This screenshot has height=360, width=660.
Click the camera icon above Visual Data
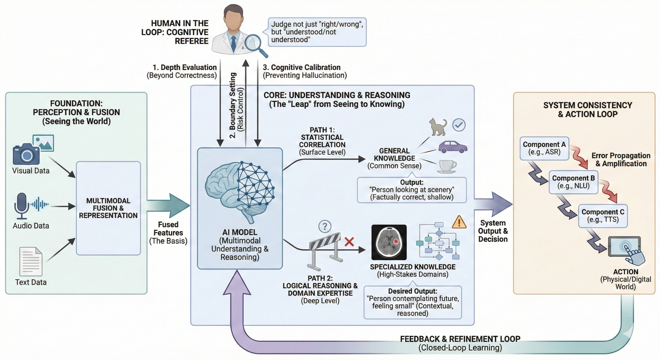click(x=26, y=154)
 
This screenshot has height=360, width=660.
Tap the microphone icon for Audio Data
click(x=22, y=205)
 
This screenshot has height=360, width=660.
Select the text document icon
click(x=31, y=262)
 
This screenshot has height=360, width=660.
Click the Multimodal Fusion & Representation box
click(x=108, y=208)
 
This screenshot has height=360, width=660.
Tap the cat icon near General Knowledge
click(x=438, y=127)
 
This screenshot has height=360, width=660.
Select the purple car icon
click(x=453, y=147)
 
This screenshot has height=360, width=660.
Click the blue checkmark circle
click(x=459, y=125)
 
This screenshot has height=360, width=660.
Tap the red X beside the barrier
click(x=349, y=242)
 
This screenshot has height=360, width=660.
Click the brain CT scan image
click(x=389, y=242)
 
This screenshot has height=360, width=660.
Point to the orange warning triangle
click(x=459, y=222)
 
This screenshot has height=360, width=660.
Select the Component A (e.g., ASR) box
click(x=544, y=148)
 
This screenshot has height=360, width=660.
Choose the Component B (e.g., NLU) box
click(x=573, y=182)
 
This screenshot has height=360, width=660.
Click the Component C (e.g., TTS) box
click(x=603, y=216)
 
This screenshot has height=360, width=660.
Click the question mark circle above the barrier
click(x=325, y=226)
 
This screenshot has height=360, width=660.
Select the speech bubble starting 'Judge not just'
click(x=317, y=32)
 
